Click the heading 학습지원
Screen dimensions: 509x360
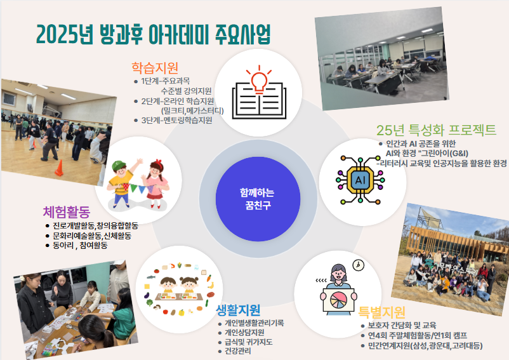click(x=155, y=67)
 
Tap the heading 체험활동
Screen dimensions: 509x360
click(x=67, y=212)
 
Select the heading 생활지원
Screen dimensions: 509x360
click(x=238, y=310)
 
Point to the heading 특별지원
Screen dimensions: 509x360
click(x=382, y=312)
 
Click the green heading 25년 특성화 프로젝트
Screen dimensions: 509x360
click(x=436, y=130)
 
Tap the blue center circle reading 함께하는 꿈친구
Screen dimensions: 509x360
click(x=258, y=199)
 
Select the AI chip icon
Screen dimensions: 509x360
click(x=360, y=180)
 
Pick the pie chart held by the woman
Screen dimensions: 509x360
click(x=338, y=300)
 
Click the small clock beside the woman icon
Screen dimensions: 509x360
click(x=358, y=265)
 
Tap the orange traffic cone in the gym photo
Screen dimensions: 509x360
click(x=59, y=168)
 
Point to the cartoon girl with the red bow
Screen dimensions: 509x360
click(x=155, y=183)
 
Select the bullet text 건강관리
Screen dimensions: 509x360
click(x=238, y=351)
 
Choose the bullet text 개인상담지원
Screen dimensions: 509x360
click(x=244, y=333)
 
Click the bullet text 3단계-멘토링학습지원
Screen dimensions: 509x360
click(x=176, y=121)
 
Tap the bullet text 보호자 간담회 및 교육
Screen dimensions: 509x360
click(x=402, y=326)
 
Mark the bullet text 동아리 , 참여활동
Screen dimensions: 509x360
click(x=80, y=246)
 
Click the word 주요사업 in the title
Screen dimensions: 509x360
click(x=242, y=34)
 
